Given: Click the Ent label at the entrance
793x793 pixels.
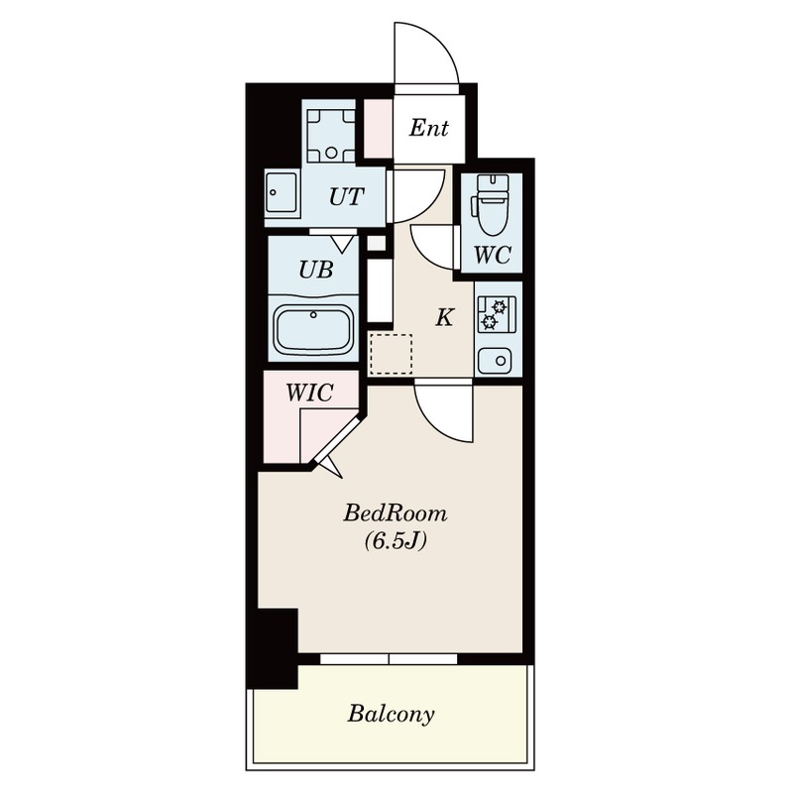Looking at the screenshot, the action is point(428,128).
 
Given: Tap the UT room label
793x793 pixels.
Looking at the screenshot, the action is point(346,196).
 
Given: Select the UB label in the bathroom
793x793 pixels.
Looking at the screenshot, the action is point(315,270).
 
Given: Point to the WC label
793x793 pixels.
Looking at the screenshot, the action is point(492,255).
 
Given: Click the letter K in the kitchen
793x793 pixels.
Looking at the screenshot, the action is point(444,317).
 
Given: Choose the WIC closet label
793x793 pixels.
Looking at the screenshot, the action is point(309,393).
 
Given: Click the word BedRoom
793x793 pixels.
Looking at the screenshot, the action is point(396,513).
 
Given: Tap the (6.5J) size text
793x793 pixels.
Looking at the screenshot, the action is point(396,540).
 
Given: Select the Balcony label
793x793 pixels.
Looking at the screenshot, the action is point(391,714).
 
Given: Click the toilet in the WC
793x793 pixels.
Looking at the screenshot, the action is point(492,205).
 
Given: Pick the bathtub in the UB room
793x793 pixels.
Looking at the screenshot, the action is point(313,330).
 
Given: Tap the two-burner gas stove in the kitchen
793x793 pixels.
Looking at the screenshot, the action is point(498,313).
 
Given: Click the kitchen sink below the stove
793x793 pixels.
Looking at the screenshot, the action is point(495,361).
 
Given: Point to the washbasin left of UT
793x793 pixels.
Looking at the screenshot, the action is point(282,193).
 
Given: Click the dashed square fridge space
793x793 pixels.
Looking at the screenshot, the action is point(391,354).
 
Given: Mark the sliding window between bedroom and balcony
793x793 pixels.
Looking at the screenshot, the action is point(389,659).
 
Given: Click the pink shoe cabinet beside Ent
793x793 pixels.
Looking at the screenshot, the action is point(379,128).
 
